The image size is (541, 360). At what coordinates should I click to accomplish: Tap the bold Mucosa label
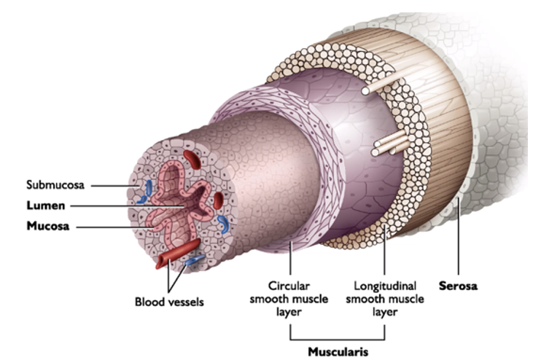49,227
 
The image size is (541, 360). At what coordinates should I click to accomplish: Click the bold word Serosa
458,286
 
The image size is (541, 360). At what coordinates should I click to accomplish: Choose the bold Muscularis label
338,351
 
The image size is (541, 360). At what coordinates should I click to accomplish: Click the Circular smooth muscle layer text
290,299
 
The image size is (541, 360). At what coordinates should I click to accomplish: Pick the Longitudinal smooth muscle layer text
384,299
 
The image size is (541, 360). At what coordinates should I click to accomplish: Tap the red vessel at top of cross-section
192,155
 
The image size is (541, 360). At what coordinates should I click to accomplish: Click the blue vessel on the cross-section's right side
225,223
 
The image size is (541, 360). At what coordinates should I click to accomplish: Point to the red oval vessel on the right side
217,199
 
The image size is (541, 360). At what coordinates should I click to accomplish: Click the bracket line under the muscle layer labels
338,339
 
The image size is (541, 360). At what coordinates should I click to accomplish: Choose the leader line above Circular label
290,259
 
